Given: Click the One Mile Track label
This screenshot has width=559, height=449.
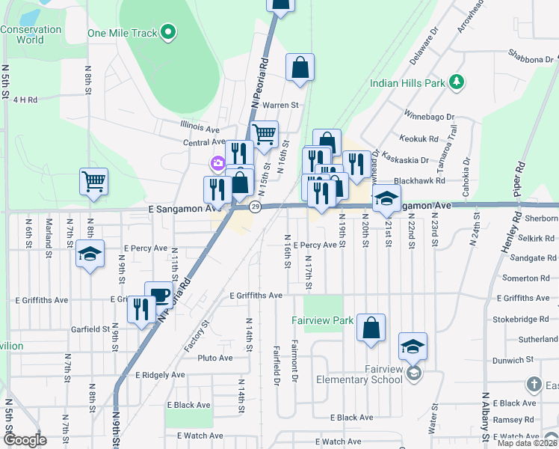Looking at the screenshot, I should click(x=123, y=32).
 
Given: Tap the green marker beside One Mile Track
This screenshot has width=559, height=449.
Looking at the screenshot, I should click(x=169, y=31).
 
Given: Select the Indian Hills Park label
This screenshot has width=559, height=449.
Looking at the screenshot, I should click(x=407, y=83).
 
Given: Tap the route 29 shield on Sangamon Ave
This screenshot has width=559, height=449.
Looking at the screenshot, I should click(x=255, y=207).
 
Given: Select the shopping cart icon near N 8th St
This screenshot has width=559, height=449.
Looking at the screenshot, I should click(x=94, y=181).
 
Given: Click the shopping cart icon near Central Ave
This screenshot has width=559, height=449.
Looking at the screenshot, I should click(x=265, y=135).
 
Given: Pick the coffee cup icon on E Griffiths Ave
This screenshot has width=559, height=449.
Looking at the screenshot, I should click(x=158, y=294).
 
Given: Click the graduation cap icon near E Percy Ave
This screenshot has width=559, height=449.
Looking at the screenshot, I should click(x=90, y=254).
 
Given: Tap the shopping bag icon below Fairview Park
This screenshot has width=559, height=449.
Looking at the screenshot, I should click(x=371, y=328).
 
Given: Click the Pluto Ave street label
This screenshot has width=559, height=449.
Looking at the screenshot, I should click(x=215, y=358).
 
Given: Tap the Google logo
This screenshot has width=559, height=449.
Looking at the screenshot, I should click(x=25, y=441).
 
